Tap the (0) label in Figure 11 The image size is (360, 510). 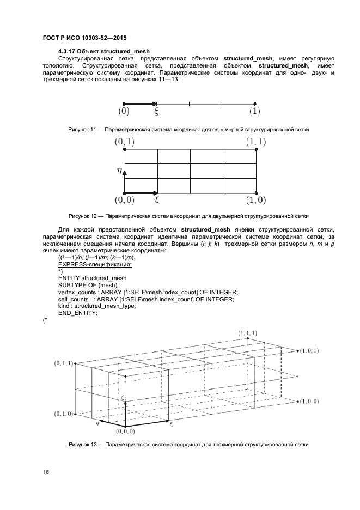[x=124, y=112]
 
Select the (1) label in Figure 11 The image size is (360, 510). [x=255, y=112]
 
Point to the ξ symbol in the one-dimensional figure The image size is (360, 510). [x=157, y=112]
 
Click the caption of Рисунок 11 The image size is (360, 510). [x=188, y=130]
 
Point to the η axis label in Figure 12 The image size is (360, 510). [x=119, y=170]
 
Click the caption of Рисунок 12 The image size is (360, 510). [x=188, y=215]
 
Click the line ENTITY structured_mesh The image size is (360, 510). [x=92, y=278]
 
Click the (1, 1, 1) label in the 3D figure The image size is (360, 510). [x=248, y=332]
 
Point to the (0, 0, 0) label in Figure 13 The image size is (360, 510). [x=128, y=432]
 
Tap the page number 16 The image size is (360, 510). [x=45, y=472]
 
